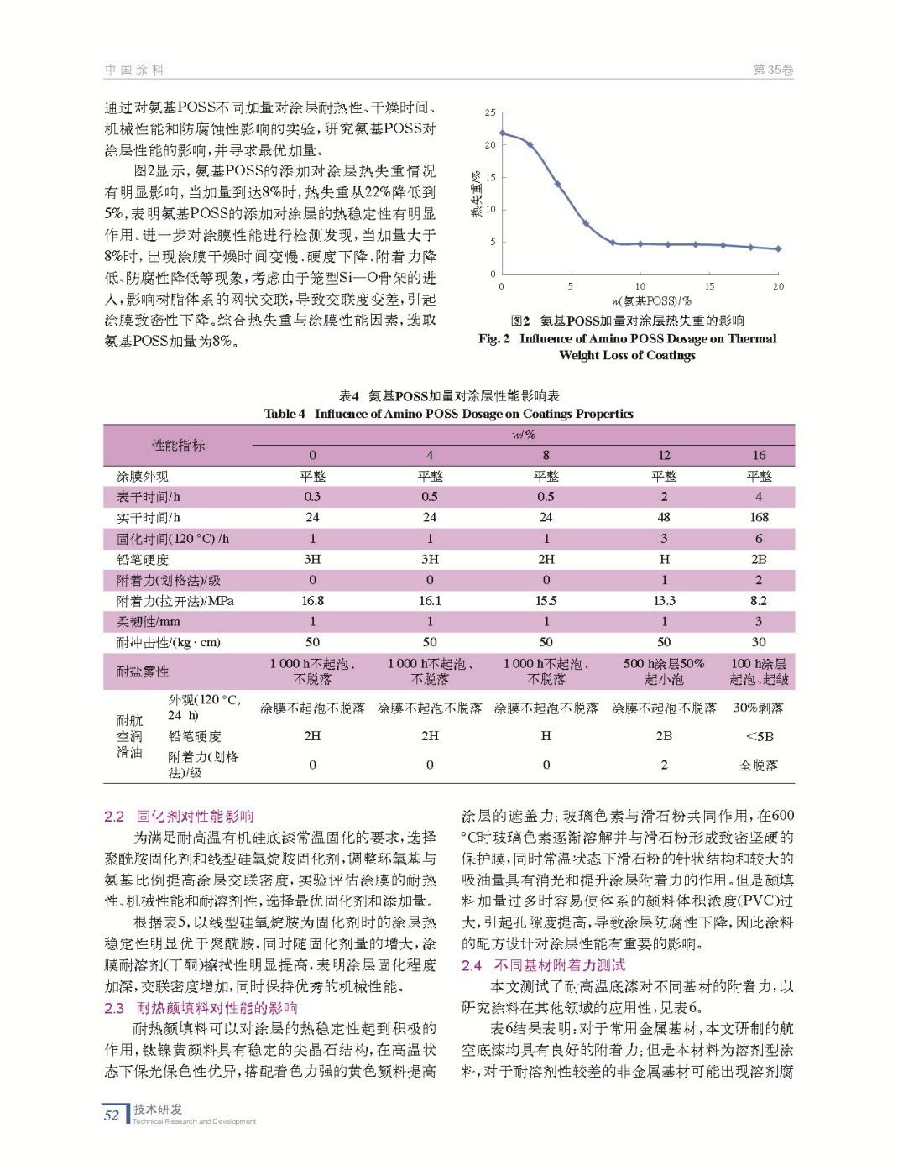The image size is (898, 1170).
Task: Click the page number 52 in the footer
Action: (112, 1115)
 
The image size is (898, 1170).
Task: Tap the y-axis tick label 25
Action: (490, 112)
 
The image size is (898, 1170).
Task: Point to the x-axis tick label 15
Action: (709, 286)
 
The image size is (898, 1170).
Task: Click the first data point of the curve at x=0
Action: (502, 133)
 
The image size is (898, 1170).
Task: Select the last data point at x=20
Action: (778, 248)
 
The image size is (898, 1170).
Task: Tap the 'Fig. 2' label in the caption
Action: (494, 338)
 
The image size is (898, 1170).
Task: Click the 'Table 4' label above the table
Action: (285, 413)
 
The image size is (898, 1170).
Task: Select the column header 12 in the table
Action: (664, 455)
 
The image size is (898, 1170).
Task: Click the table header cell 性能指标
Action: (178, 445)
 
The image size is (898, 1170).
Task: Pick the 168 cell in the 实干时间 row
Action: (759, 517)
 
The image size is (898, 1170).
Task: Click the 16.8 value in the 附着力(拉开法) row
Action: (312, 600)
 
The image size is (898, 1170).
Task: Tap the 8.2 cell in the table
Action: (759, 600)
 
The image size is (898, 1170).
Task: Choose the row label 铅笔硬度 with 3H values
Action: (143, 559)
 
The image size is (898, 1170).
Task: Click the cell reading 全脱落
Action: (759, 765)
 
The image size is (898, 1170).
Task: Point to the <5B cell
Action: (759, 736)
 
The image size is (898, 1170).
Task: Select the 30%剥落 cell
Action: (759, 708)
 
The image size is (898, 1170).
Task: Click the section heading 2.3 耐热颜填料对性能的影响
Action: (201, 1008)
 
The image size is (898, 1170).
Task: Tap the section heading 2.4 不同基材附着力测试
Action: (543, 965)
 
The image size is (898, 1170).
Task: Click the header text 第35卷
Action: (773, 70)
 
